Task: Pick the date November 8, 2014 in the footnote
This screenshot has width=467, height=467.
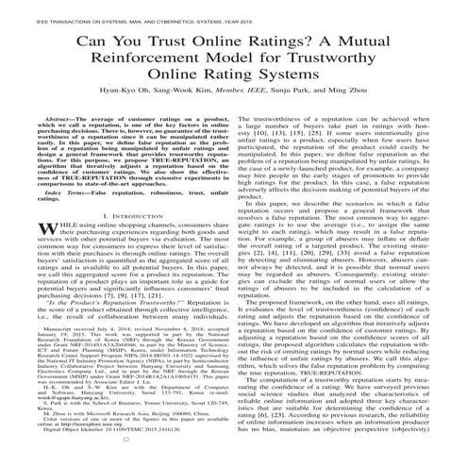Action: (168, 357)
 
